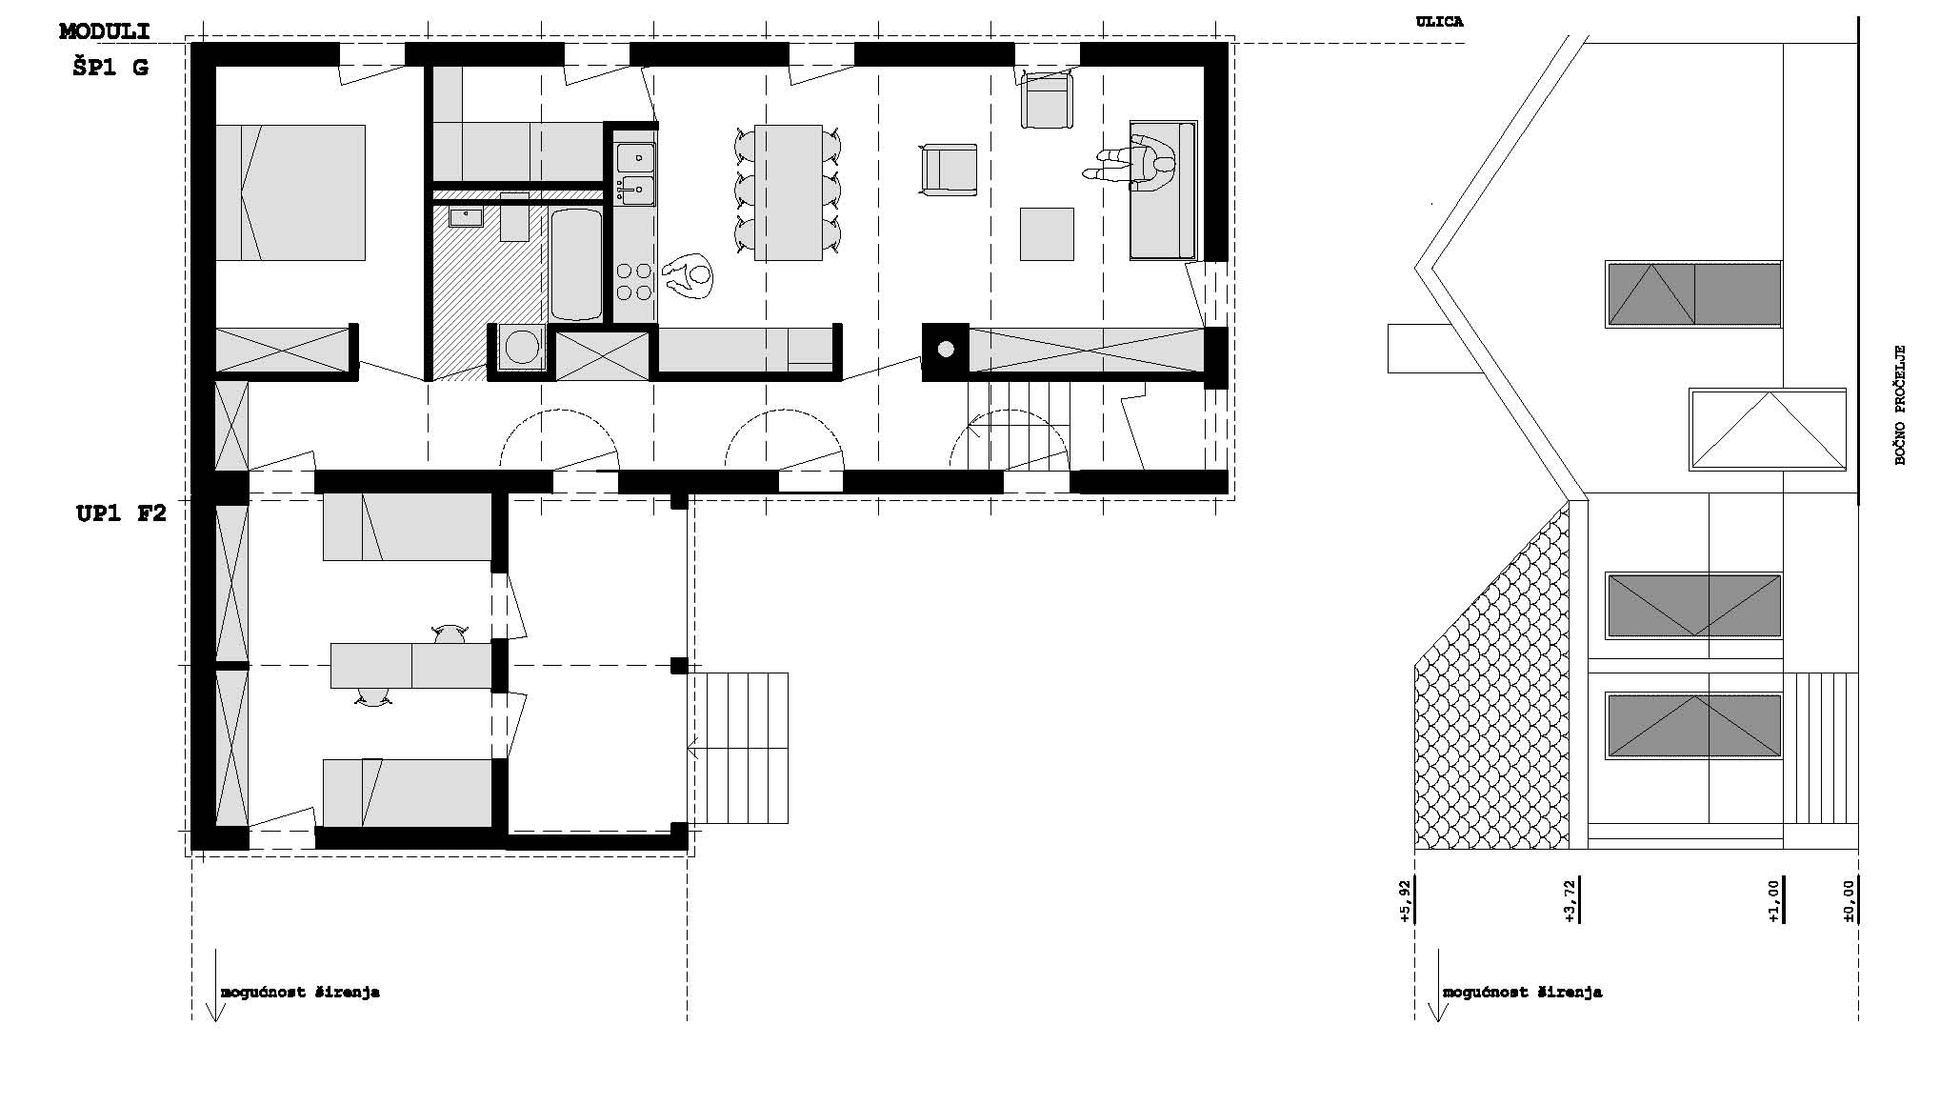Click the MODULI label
point(105,31)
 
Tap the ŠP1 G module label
point(110,68)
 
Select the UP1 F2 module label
point(121,514)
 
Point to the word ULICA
point(1439,22)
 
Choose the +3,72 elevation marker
point(1570,901)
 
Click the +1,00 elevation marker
point(1772,901)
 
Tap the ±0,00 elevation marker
point(1850,901)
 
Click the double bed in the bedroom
point(290,192)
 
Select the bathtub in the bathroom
point(576,264)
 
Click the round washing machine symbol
point(522,347)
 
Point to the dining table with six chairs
point(789,192)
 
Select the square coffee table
point(1047,234)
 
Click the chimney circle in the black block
point(946,349)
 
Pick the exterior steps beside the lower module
point(738,748)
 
